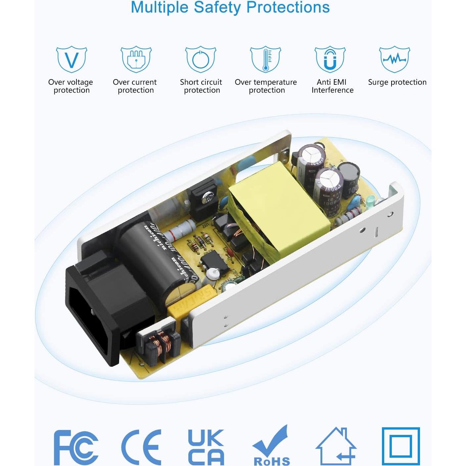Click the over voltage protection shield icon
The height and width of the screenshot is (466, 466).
point(71,60)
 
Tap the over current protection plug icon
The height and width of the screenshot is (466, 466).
point(136,60)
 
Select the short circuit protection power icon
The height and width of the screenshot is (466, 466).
point(201,60)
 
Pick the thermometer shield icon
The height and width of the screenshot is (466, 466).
point(265,60)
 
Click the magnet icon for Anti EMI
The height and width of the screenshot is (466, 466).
point(330,60)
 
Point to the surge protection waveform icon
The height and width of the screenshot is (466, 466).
point(394,60)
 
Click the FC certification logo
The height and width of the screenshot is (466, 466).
point(76,447)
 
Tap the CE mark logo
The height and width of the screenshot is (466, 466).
point(141,447)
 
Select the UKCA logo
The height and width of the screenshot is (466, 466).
point(206,447)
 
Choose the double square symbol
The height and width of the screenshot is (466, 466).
point(401,446)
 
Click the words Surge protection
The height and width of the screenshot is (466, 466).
point(397,82)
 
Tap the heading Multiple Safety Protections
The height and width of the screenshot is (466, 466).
point(230,7)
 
